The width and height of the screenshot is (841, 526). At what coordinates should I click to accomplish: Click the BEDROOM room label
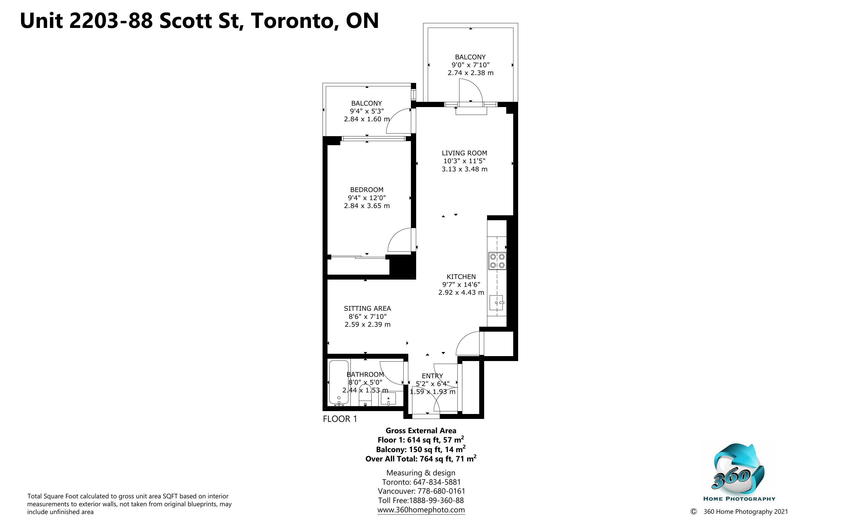point(366,190)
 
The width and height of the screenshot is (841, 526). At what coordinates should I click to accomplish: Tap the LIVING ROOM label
point(464,153)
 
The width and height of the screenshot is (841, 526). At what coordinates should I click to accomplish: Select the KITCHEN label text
point(461,277)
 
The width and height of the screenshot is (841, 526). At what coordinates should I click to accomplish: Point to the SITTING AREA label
point(367,308)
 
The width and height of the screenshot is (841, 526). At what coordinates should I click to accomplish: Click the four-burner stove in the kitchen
point(497,261)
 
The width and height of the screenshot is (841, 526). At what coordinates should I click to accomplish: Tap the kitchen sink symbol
point(496,303)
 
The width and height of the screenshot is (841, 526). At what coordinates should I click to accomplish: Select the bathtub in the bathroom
point(339,383)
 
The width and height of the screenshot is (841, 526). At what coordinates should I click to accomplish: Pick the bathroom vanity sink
point(388,398)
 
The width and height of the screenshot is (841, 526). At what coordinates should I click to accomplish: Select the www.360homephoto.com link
point(421,510)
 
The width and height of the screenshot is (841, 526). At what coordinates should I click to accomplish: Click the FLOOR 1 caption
point(340,419)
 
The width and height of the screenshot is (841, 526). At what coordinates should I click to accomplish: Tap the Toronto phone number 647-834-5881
point(437,482)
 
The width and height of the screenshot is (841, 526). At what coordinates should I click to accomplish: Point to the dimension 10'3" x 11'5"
point(464,161)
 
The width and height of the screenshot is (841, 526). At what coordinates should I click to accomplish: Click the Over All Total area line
point(421,459)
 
